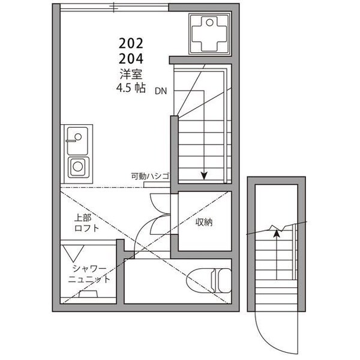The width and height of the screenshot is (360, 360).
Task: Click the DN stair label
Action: click(161, 92)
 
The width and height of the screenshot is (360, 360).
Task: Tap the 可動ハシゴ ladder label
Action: click(150, 176)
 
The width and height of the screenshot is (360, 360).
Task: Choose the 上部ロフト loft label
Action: click(86, 223)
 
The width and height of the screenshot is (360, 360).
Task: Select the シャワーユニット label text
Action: click(89, 274)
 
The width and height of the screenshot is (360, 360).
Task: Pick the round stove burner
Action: click(78, 166)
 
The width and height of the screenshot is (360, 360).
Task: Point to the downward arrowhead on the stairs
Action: click(204, 176)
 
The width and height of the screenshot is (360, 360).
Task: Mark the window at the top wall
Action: click(114, 8)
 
